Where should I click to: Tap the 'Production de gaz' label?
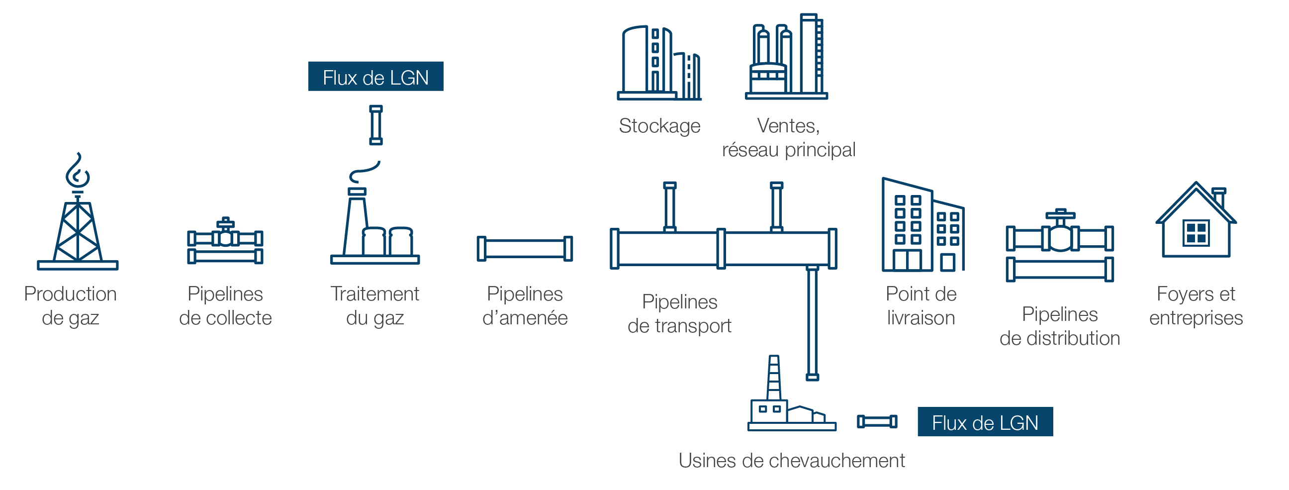(x=71, y=306)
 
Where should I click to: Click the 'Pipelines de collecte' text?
(x=225, y=306)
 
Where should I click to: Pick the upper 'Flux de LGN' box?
(x=375, y=77)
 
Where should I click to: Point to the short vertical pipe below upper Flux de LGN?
(x=376, y=125)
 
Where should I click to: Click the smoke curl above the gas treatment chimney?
(x=365, y=172)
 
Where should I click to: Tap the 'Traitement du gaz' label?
(x=375, y=306)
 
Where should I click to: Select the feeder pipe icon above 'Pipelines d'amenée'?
(x=525, y=249)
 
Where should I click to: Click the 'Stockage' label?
(x=659, y=126)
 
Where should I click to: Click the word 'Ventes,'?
(x=788, y=126)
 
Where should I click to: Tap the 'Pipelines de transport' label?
(x=679, y=314)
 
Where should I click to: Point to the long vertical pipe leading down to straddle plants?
(x=812, y=323)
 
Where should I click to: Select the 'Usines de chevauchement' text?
(x=791, y=461)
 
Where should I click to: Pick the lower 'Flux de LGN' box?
(x=985, y=422)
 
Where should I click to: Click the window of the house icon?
(x=1196, y=233)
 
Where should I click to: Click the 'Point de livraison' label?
(x=921, y=306)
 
